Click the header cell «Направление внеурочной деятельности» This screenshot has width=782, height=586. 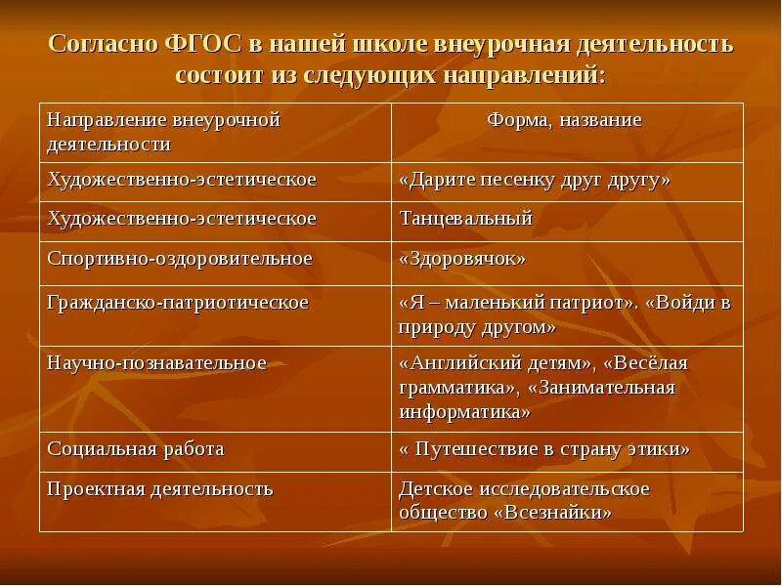point(163,132)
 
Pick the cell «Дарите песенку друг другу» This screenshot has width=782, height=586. point(535,180)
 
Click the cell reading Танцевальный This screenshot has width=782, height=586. point(465,219)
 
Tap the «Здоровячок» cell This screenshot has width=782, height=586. point(462,259)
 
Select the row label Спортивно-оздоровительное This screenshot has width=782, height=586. point(180,259)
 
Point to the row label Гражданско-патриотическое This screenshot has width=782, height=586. point(178,303)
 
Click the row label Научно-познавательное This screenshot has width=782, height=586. point(156,363)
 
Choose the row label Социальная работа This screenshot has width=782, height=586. point(136,449)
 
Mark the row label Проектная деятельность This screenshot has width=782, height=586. point(160,488)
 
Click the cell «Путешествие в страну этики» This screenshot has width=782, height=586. point(544,449)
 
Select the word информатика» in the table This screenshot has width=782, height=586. point(464,411)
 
